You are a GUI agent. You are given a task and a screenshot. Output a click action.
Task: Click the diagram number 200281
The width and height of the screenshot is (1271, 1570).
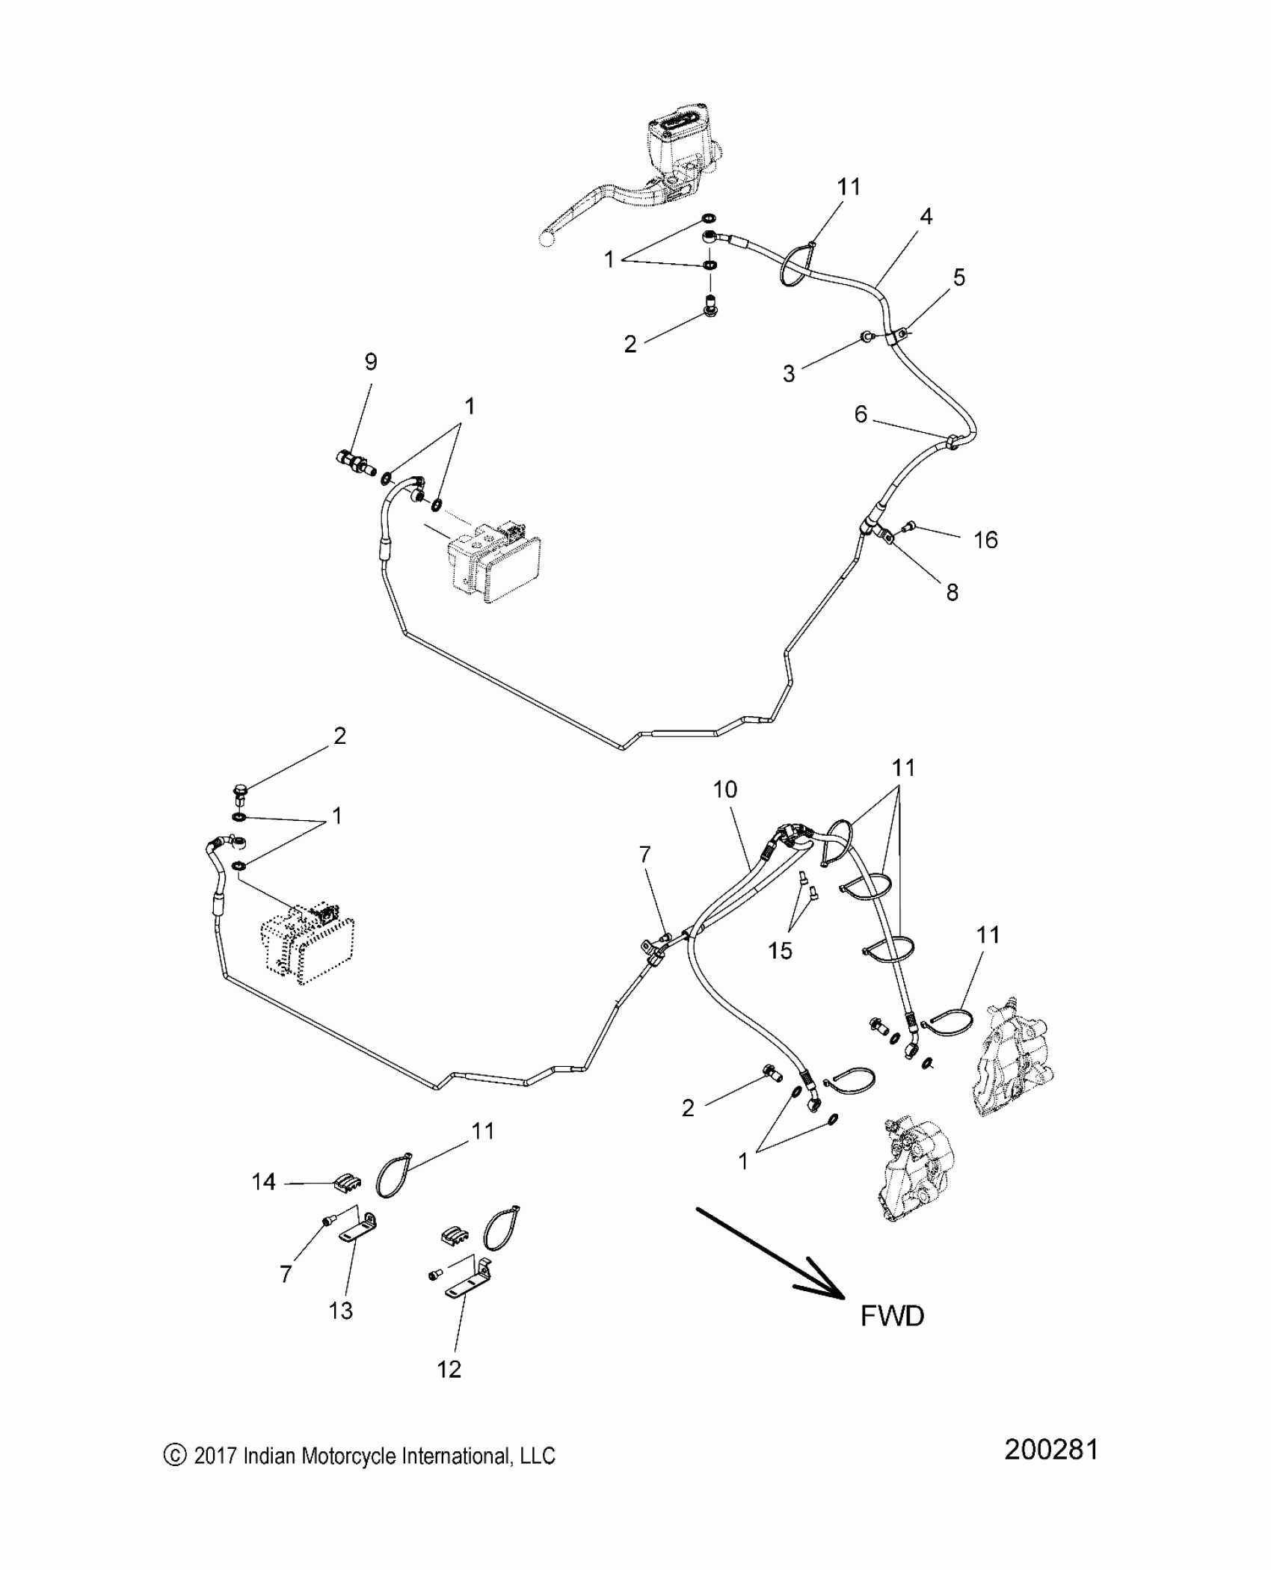(x=1050, y=1470)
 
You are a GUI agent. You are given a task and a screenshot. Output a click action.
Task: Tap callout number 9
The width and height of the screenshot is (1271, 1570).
(x=371, y=362)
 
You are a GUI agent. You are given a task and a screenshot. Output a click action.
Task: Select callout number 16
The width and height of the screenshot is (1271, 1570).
(x=985, y=539)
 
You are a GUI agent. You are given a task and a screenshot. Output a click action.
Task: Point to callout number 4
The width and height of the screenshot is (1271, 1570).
(x=926, y=217)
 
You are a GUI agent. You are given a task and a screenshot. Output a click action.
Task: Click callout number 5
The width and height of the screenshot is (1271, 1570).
(x=959, y=277)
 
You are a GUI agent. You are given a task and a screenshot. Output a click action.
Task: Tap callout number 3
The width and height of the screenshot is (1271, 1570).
(x=789, y=374)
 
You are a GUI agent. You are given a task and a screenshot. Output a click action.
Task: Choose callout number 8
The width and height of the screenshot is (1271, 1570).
(x=952, y=592)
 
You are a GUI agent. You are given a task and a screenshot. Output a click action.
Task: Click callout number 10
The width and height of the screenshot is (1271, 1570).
(x=725, y=789)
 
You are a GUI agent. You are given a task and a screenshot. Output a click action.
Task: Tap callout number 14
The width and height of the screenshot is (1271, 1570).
(x=263, y=1182)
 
